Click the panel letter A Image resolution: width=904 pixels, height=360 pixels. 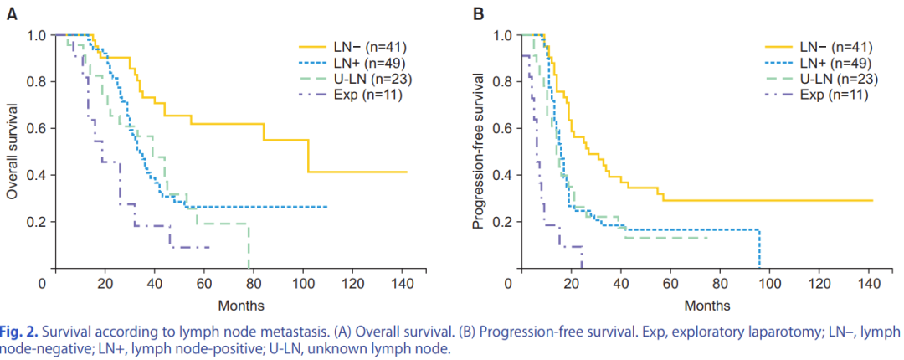click(x=12, y=13)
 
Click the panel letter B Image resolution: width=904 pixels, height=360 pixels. click(x=479, y=13)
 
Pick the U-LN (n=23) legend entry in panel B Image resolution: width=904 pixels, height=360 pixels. click(x=836, y=79)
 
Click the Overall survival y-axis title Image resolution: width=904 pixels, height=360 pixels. click(x=12, y=151)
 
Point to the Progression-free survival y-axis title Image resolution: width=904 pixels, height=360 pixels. click(x=478, y=151)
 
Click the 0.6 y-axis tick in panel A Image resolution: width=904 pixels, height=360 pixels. click(x=38, y=128)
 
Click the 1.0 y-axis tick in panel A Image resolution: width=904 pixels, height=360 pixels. click(x=38, y=35)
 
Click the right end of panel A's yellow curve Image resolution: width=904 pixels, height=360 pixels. click(x=407, y=172)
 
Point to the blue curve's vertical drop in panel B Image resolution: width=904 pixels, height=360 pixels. click(x=760, y=249)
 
